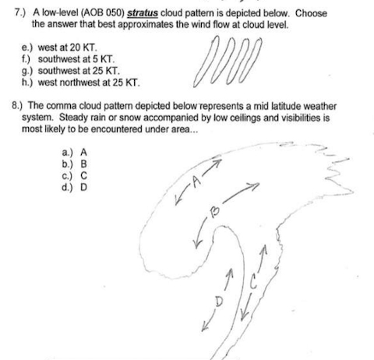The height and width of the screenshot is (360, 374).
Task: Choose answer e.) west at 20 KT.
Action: coord(60,48)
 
